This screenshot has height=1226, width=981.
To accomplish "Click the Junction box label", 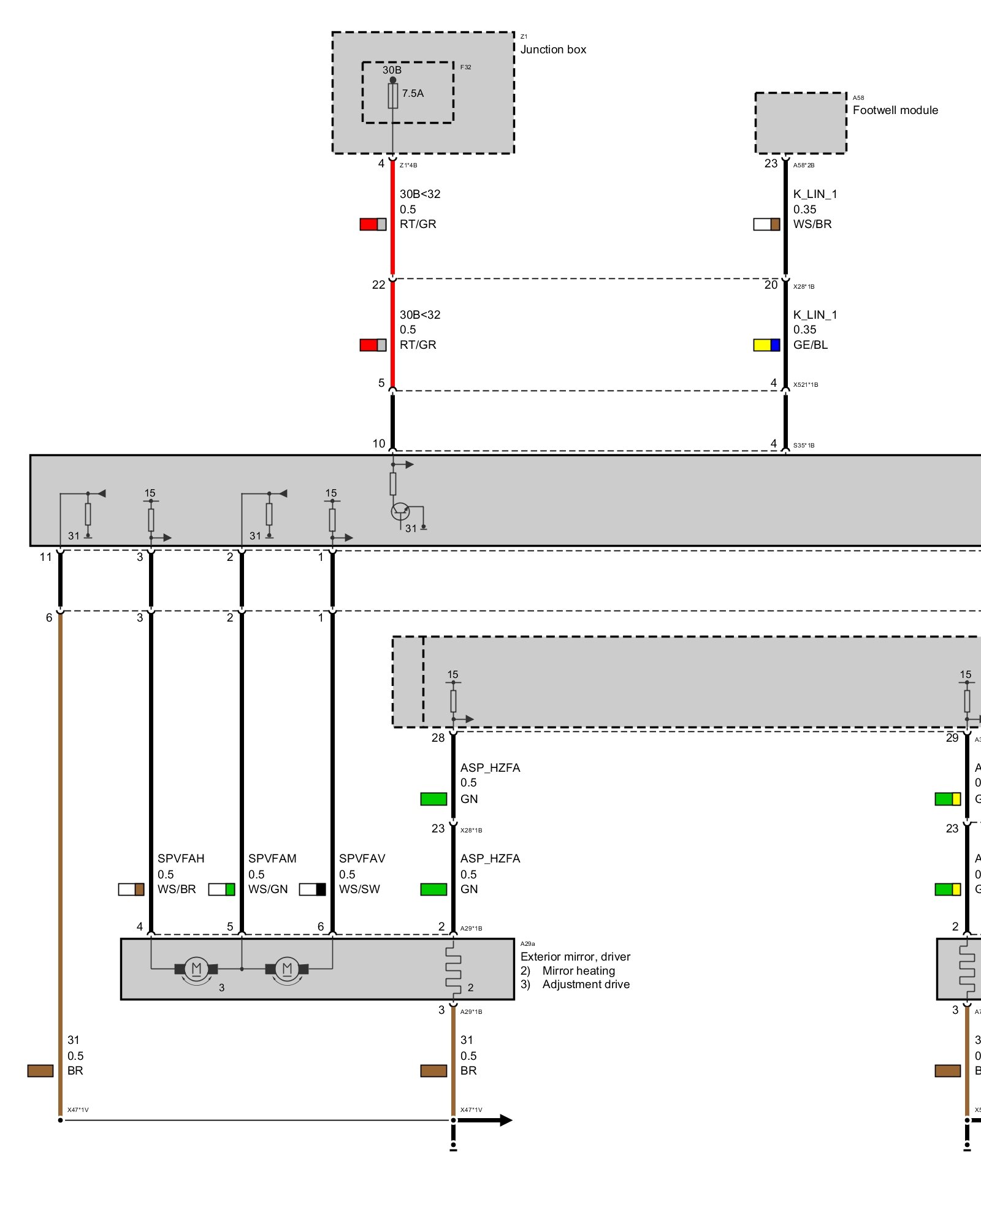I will point(553,50).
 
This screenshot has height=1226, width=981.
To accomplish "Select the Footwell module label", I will point(895,110).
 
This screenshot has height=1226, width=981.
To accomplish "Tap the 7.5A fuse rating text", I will point(413,93).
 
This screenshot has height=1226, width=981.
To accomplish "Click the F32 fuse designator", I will point(466,67).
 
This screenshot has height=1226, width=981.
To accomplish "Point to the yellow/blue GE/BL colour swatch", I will point(766,345).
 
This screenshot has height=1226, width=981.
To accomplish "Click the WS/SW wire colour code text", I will point(359,889).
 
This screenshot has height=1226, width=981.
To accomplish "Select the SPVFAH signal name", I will point(181,859).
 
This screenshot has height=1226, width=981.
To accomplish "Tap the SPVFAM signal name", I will point(272,859).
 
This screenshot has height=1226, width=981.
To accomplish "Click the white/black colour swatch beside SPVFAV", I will point(312,889).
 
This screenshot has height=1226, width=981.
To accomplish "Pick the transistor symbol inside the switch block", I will point(400,511).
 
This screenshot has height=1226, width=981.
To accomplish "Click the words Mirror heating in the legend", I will point(578,971).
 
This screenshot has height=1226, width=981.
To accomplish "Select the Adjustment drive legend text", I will point(586,984).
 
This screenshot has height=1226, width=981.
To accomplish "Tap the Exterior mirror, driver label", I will point(575,957).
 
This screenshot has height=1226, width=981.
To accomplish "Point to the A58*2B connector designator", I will point(804,166).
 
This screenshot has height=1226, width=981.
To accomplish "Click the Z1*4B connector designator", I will point(408,166).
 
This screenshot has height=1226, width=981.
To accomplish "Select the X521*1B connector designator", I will point(806,385).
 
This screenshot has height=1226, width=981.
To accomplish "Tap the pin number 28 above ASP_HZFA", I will point(438,738).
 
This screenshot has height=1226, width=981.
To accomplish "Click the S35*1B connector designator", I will point(804,446).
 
